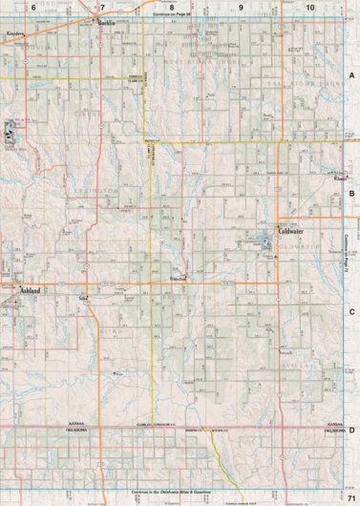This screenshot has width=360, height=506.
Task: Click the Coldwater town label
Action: click(290, 230)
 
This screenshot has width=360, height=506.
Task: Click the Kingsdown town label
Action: click(15, 32)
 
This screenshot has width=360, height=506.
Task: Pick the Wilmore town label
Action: click(340, 178)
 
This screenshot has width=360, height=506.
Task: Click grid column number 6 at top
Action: click(33, 7)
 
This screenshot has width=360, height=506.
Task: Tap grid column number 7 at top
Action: click(102, 7)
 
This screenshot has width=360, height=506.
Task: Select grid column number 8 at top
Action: click(171, 7)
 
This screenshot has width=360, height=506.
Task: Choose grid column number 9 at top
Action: click(241, 7)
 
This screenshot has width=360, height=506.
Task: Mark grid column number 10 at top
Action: click(309, 7)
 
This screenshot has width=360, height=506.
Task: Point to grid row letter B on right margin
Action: click(351, 193)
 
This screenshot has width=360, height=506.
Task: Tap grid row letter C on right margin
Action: click(351, 311)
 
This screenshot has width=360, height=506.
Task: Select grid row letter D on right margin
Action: click(351, 430)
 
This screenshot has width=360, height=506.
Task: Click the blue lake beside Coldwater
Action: click(267, 242)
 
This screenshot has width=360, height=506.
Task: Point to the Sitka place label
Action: click(83, 298)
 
